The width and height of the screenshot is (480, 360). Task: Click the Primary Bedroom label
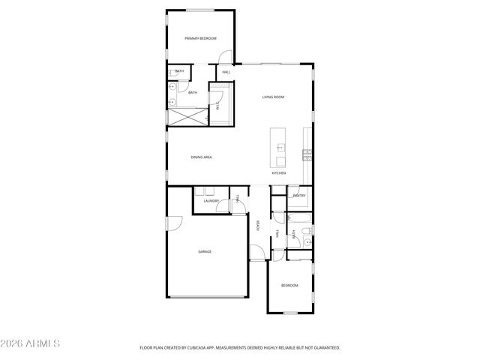tap(200, 38)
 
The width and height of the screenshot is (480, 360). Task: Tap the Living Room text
tap(273, 97)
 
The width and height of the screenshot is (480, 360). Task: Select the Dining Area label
tap(201, 157)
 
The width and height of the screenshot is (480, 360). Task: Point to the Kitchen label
tap(278, 173)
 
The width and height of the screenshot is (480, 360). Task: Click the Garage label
tap(204, 251)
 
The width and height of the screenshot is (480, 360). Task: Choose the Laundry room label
tap(211, 201)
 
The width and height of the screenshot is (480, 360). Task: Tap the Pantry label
tap(299, 196)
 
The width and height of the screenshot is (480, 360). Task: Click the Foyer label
tap(259, 225)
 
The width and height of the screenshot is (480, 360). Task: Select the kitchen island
tap(280, 148)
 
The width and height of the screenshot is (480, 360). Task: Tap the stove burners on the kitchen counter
tap(307, 155)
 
